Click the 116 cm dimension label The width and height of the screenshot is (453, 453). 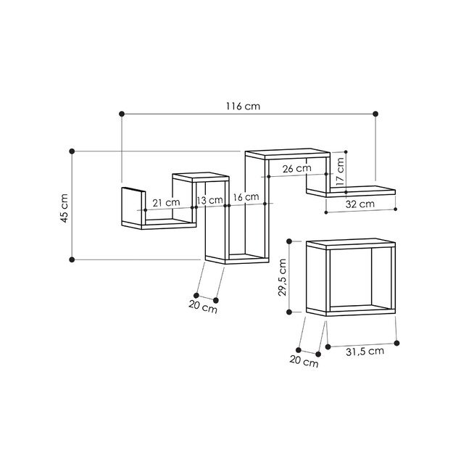pos(242,107)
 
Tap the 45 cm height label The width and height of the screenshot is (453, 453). pos(64,208)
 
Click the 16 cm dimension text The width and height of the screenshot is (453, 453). pos(245,197)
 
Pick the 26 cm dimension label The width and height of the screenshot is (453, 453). pos(296,168)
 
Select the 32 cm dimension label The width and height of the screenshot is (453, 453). pos(360,204)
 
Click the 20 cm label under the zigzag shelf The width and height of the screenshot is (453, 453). pos(203,307)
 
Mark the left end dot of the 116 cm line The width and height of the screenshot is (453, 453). pos(121,114)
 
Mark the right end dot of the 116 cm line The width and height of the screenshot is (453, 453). pos(375,114)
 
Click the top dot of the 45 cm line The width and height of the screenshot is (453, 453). pos(72,151)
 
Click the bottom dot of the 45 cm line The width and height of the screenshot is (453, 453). pos(72,259)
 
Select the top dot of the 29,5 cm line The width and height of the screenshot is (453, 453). pos(290,240)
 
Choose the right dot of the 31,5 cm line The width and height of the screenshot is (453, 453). pos(397,343)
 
